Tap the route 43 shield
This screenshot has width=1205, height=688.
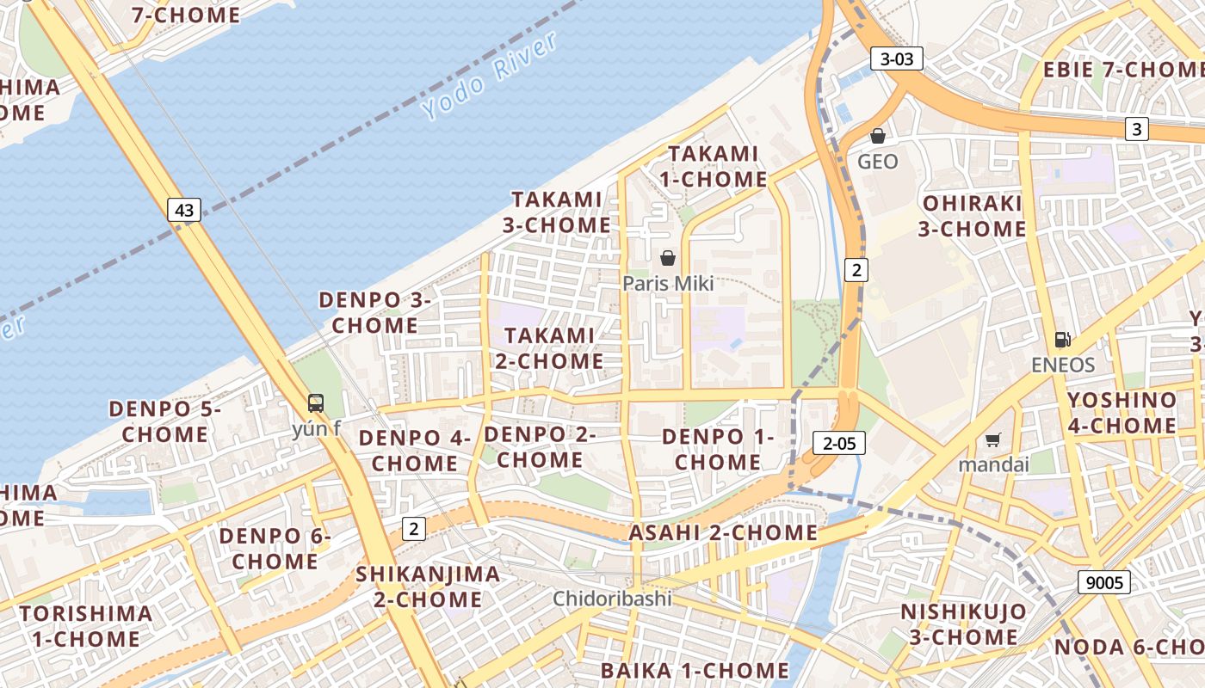(184, 209)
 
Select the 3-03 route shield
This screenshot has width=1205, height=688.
(897, 58)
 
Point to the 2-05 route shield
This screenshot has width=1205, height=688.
(839, 443)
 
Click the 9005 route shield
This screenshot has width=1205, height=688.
(1104, 582)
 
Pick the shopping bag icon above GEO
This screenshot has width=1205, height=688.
(878, 136)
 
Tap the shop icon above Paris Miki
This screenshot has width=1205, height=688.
(668, 257)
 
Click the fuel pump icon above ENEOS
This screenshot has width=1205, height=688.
(1063, 340)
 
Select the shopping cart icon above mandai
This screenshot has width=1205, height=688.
(993, 440)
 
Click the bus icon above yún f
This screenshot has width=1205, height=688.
(316, 402)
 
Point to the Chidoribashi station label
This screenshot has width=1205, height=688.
(612, 599)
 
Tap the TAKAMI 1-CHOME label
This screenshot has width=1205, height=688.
(714, 167)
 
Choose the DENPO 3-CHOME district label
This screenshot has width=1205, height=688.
(374, 313)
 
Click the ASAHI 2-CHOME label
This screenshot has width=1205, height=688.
(723, 532)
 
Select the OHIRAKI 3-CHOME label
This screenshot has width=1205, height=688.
(972, 217)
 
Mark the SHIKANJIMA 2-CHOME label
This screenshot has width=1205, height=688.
(428, 587)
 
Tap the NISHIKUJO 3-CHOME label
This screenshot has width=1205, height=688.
(963, 624)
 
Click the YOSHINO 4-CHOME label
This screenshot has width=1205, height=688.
(1122, 413)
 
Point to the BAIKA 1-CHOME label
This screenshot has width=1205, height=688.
(695, 670)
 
